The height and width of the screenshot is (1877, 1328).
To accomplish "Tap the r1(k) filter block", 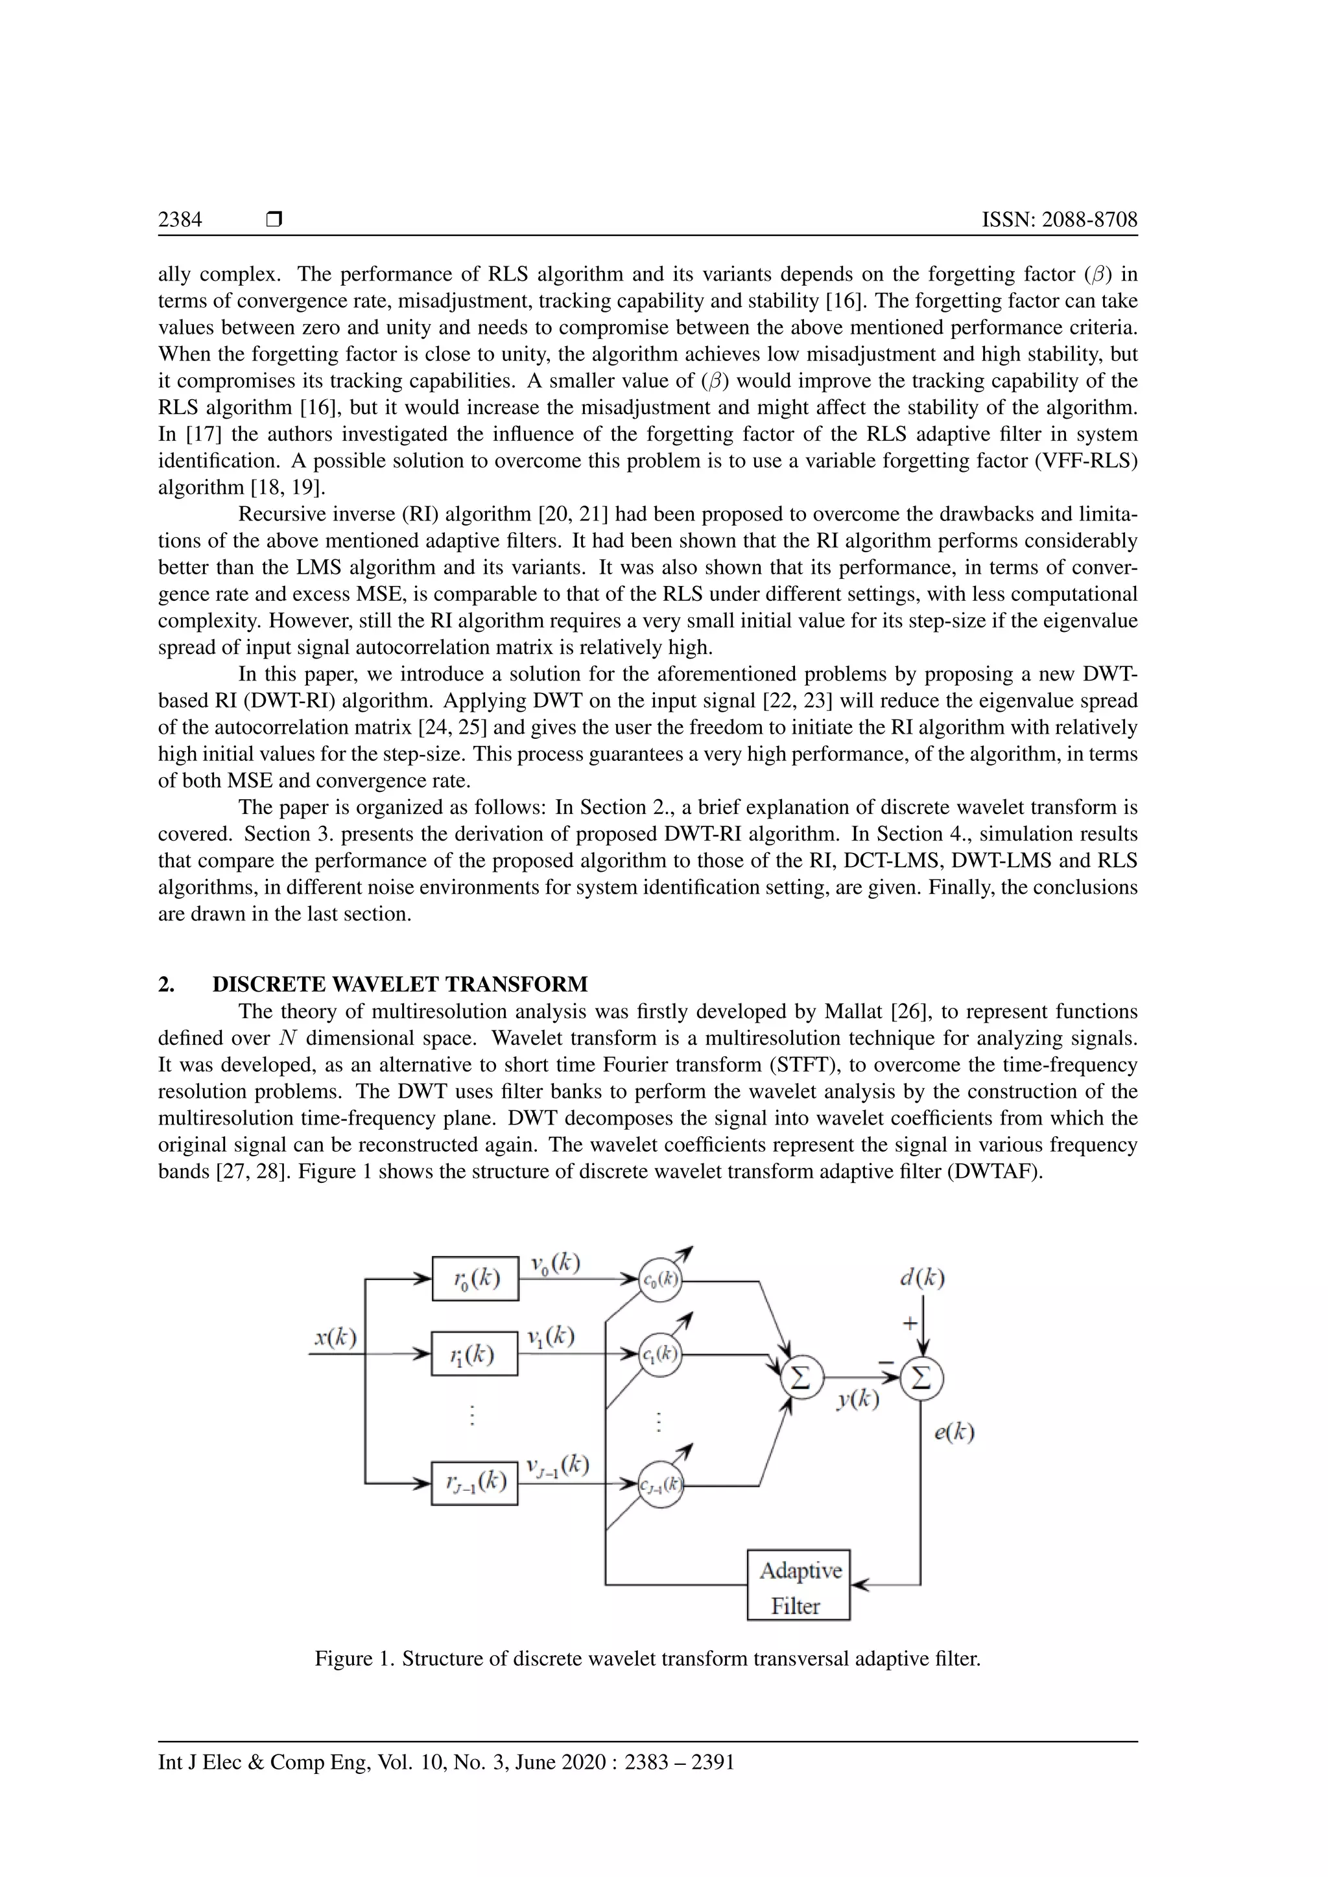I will point(474,1354).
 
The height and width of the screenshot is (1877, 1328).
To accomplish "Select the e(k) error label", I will point(954,1432).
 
